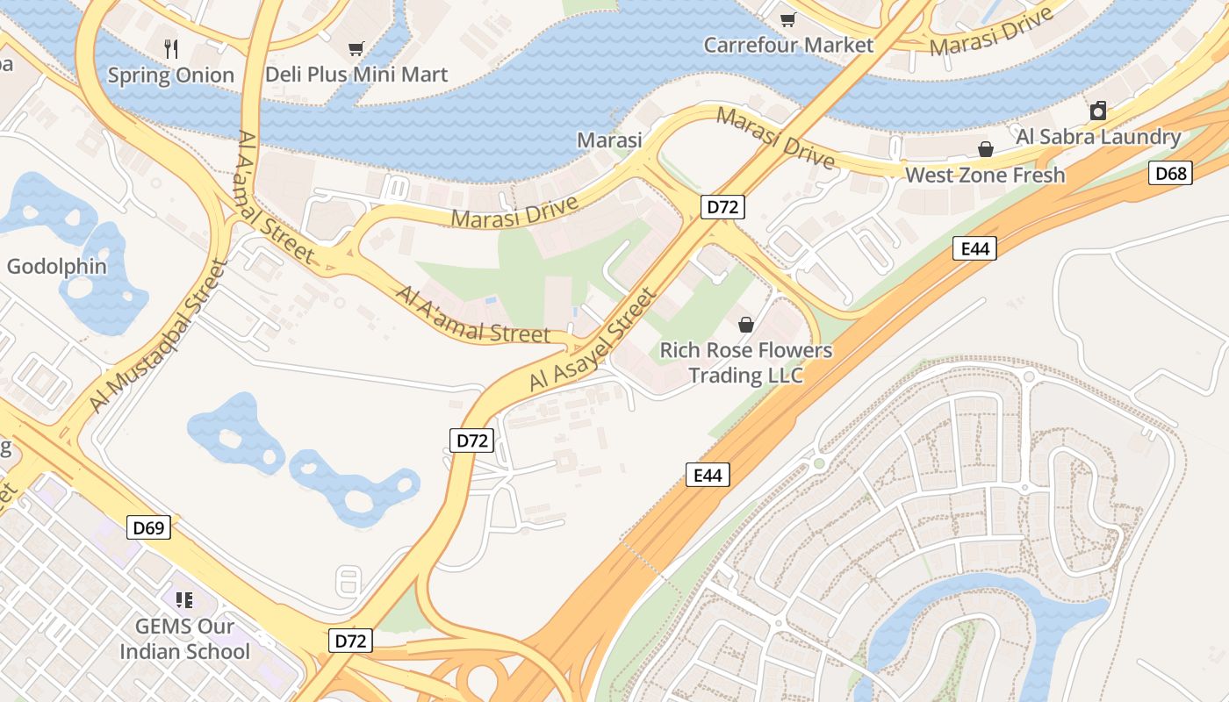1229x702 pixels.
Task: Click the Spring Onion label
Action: (170, 75)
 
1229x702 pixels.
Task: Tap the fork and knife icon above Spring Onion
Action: (171, 49)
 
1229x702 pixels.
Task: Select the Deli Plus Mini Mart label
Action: (356, 75)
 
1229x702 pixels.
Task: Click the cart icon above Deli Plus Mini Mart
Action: (356, 49)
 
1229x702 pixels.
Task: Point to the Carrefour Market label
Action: (788, 45)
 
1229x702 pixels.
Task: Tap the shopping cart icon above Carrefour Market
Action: (788, 19)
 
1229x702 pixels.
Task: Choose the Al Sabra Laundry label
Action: (1098, 137)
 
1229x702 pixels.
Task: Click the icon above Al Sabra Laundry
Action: (1097, 111)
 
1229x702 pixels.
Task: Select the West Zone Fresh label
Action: (985, 175)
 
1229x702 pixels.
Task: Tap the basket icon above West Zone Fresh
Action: (986, 149)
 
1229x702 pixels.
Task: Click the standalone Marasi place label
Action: (609, 140)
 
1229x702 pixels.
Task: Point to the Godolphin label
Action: (57, 267)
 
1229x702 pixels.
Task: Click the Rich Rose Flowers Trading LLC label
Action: (746, 362)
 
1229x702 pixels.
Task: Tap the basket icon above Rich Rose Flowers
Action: (746, 325)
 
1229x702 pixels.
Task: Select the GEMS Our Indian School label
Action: (184, 639)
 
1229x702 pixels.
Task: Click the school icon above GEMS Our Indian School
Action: (184, 600)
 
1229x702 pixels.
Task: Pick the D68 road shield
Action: (1171, 173)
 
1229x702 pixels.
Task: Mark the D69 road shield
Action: (148, 527)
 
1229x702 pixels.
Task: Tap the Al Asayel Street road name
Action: (593, 340)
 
